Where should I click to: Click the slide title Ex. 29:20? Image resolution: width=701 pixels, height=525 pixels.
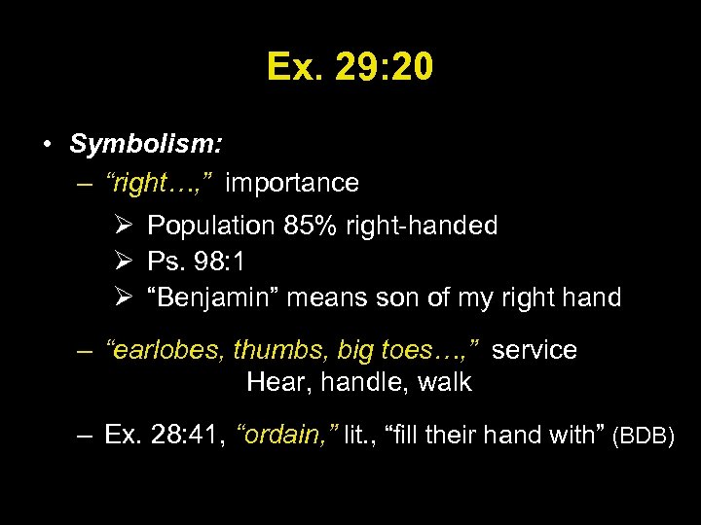pyautogui.click(x=350, y=67)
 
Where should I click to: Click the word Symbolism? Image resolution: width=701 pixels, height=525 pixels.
pyautogui.click(x=145, y=145)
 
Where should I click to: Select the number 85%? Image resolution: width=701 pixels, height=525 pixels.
pyautogui.click(x=308, y=227)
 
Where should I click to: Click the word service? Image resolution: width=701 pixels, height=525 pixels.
pyautogui.click(x=534, y=350)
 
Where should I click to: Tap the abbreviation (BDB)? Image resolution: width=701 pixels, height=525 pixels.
pyautogui.click(x=643, y=437)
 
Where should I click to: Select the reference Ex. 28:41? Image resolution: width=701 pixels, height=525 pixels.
pyautogui.click(x=164, y=436)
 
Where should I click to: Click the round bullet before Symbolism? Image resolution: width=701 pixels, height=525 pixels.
pyautogui.click(x=47, y=146)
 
